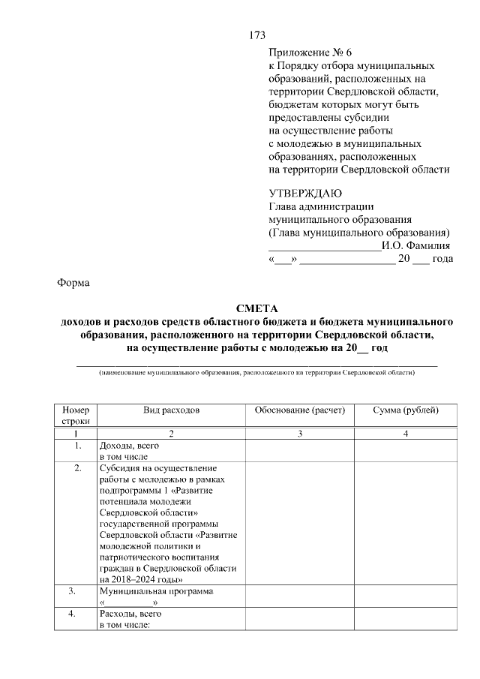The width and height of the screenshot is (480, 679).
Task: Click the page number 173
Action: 256,35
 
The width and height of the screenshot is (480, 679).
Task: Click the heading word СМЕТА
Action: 256,308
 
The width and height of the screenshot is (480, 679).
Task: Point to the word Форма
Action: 73,283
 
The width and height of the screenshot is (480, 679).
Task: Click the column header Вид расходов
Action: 172,410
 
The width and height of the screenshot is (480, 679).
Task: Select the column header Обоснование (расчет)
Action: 299,410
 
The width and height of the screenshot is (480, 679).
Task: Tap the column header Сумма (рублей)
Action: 406,410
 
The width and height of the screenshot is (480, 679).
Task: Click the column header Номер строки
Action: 75,416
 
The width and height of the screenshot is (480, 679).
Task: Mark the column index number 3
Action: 299,434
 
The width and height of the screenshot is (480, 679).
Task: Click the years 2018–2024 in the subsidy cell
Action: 133,579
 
